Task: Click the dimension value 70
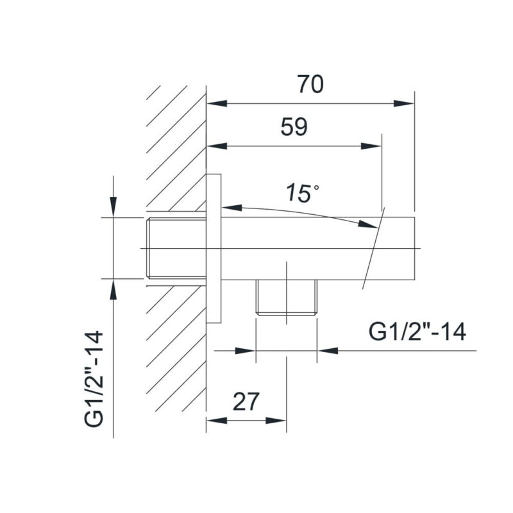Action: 310,85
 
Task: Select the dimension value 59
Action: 294,127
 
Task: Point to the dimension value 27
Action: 246,402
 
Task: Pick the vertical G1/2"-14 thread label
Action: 94,379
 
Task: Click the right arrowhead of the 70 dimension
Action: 404,104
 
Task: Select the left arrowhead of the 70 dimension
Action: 217,104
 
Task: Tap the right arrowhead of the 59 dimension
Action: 371,146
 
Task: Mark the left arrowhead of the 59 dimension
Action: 217,146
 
